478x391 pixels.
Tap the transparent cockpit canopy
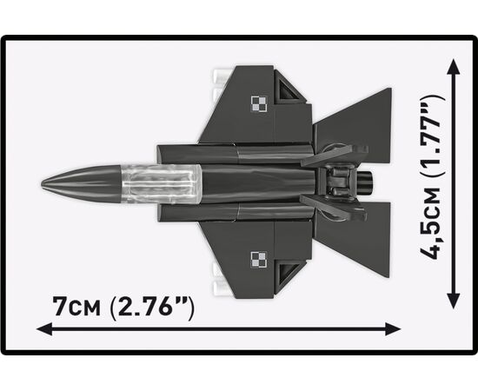tap(162, 184)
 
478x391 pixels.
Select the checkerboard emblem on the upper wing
tap(259, 104)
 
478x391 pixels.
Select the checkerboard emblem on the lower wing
tap(259, 260)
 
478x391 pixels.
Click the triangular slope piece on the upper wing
tap(289, 88)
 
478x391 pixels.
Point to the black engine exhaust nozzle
tap(365, 182)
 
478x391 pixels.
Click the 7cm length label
tap(76, 307)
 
